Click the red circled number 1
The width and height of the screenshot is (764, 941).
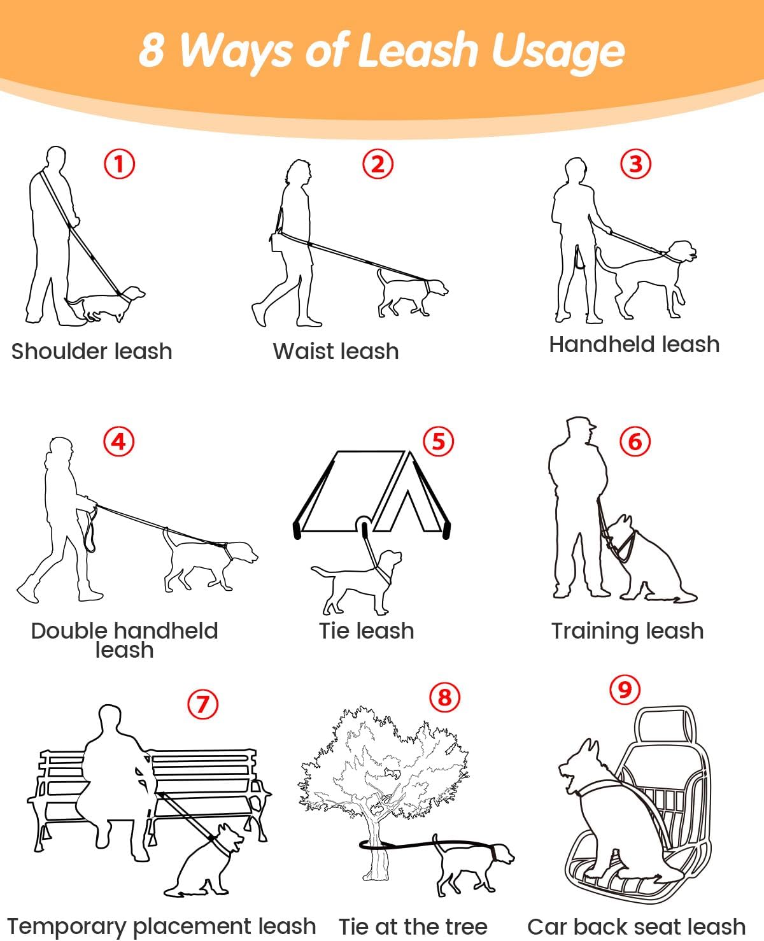coord(119,164)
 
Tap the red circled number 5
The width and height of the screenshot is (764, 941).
coord(438,441)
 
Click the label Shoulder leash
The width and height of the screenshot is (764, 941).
coord(92,351)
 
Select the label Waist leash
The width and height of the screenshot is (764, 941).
coord(336,351)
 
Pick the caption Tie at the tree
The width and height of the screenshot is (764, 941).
coord(413,926)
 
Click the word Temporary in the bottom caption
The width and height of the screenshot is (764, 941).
coord(67,927)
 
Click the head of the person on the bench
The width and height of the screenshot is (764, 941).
coord(109,718)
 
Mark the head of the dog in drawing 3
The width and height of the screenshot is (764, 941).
coord(683,252)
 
